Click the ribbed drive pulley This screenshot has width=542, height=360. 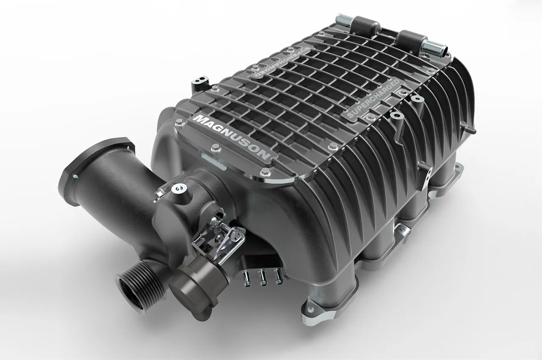click(x=140, y=285)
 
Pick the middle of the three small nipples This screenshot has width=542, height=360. click(x=263, y=277)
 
